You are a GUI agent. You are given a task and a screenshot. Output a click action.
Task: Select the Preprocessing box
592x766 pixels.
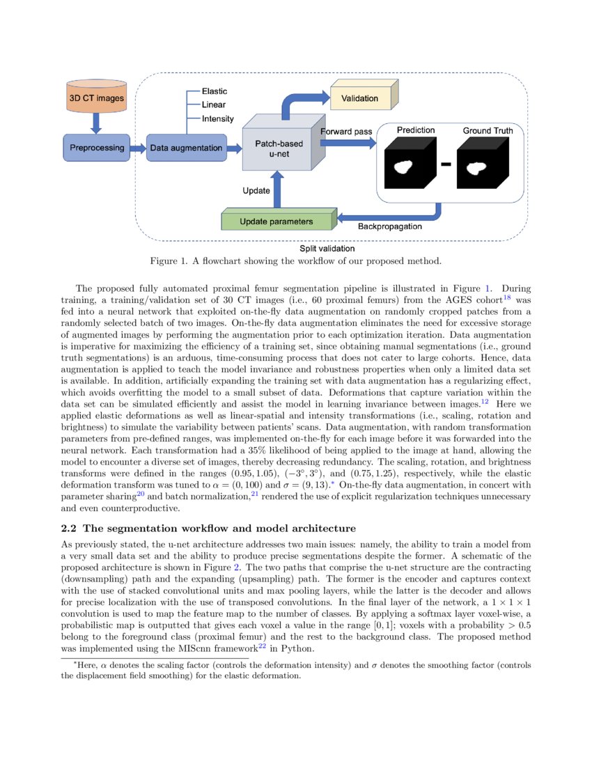coord(97,148)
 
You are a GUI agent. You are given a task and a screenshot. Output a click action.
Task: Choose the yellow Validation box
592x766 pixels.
coord(360,98)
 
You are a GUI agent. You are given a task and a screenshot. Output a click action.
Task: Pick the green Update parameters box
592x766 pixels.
coord(276,221)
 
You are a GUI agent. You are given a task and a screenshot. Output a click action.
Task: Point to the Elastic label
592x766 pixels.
coord(214,91)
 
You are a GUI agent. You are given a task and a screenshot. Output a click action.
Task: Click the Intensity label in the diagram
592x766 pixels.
coord(217,119)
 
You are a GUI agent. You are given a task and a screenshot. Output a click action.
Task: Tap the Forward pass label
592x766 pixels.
coord(345,131)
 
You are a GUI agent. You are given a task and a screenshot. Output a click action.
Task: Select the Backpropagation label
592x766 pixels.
coord(389,226)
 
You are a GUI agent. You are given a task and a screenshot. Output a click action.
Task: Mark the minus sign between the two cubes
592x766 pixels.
coord(446,164)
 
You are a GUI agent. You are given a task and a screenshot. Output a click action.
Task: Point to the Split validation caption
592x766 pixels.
coord(327,249)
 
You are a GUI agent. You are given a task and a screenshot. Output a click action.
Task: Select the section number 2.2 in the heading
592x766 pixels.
coord(70,527)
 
